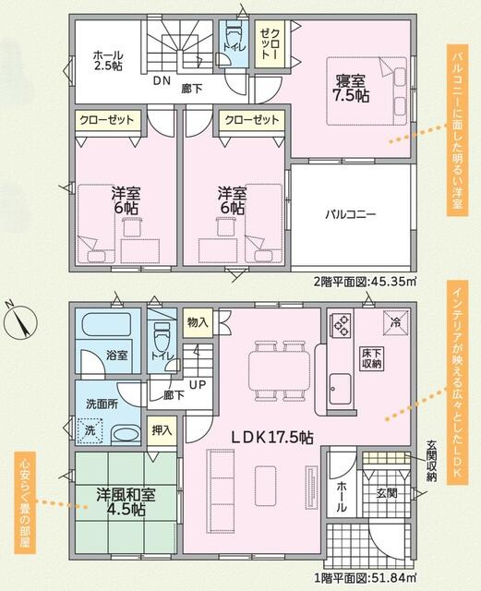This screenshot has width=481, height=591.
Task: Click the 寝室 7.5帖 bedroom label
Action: [352, 86]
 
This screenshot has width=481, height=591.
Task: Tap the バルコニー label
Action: [350, 213]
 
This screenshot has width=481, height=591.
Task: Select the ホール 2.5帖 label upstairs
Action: [109, 62]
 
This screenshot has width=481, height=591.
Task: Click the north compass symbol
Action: [20, 322]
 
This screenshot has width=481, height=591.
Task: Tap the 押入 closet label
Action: [161, 429]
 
